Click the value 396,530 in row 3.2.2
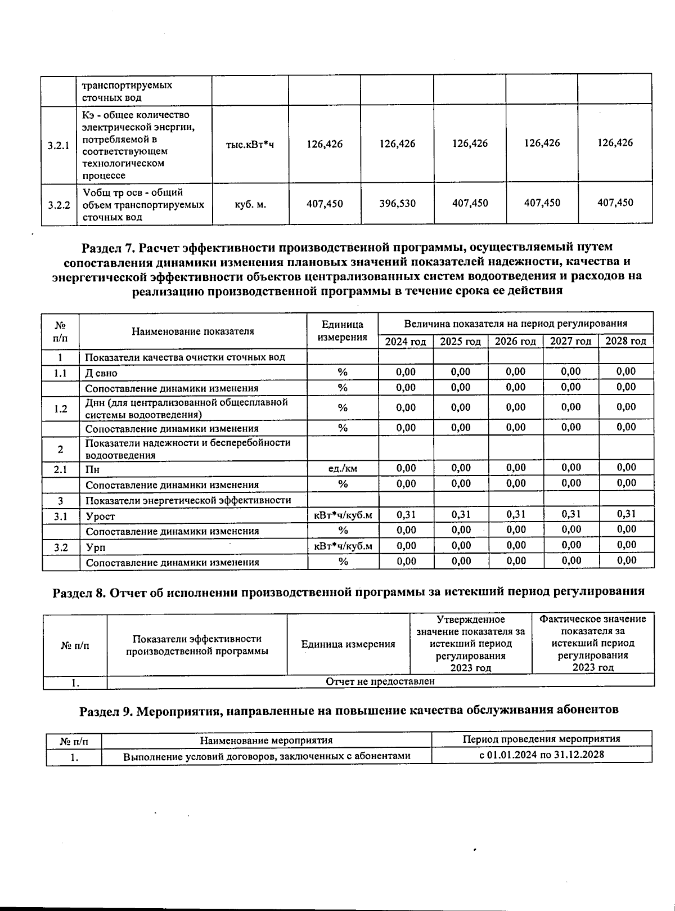(397, 204)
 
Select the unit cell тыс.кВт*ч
(250, 145)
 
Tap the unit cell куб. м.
(250, 204)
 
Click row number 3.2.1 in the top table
(58, 145)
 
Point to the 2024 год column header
(406, 342)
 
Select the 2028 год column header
(625, 341)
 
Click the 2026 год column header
(515, 342)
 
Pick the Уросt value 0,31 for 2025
(461, 514)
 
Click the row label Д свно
(101, 373)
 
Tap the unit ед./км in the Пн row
(343, 468)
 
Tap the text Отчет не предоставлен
(380, 681)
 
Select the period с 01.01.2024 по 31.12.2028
(541, 755)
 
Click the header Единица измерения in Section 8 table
(348, 644)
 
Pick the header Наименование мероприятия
(266, 740)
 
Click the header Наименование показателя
(192, 331)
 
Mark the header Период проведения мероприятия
(541, 739)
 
